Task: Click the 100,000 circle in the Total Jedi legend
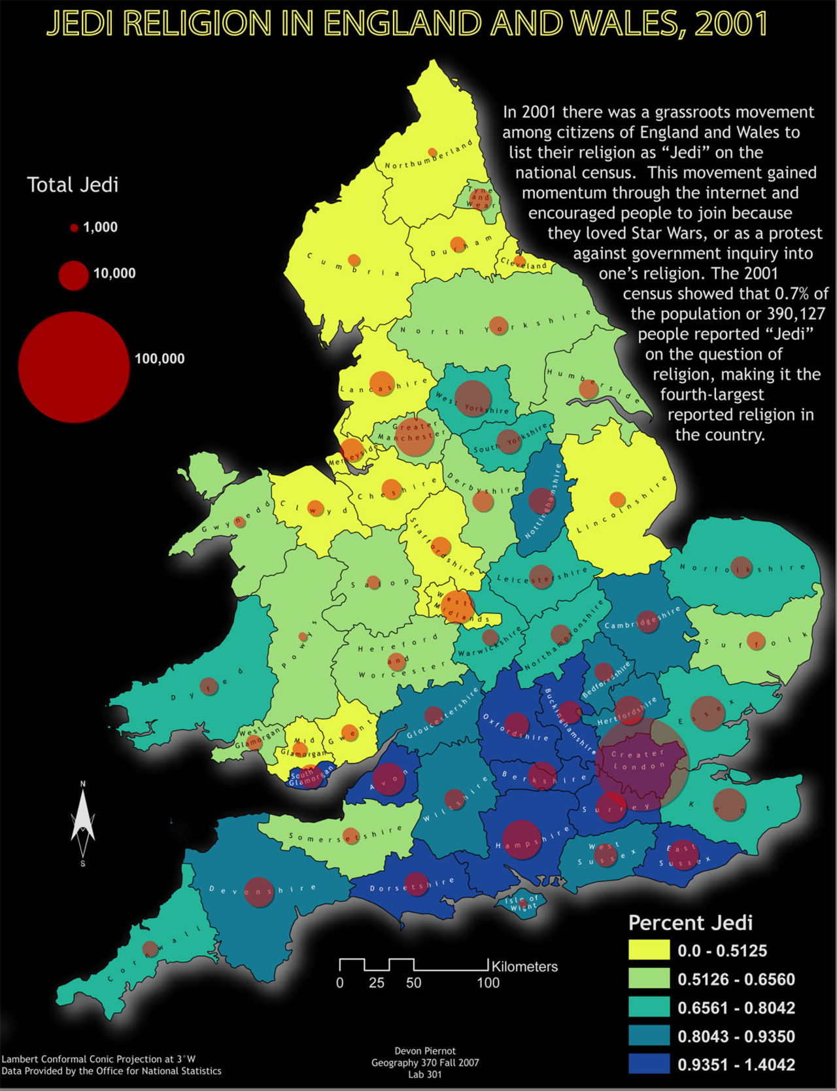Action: click(73, 367)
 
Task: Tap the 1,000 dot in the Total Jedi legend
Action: click(74, 228)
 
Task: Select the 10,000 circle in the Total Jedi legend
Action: click(73, 275)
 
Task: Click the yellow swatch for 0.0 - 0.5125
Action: click(649, 950)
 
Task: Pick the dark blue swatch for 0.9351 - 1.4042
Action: click(649, 1064)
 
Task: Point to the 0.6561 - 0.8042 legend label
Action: click(736, 1007)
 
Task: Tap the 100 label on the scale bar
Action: click(488, 982)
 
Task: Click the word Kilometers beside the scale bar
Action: click(524, 966)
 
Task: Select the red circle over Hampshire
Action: click(521, 839)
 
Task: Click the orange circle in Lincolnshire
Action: click(617, 500)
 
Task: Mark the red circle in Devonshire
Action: click(259, 892)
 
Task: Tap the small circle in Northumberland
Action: click(432, 152)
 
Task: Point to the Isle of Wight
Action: click(523, 905)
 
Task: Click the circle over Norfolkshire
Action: click(741, 567)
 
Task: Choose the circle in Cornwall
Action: click(150, 949)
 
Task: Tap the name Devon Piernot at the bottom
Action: click(425, 1051)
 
